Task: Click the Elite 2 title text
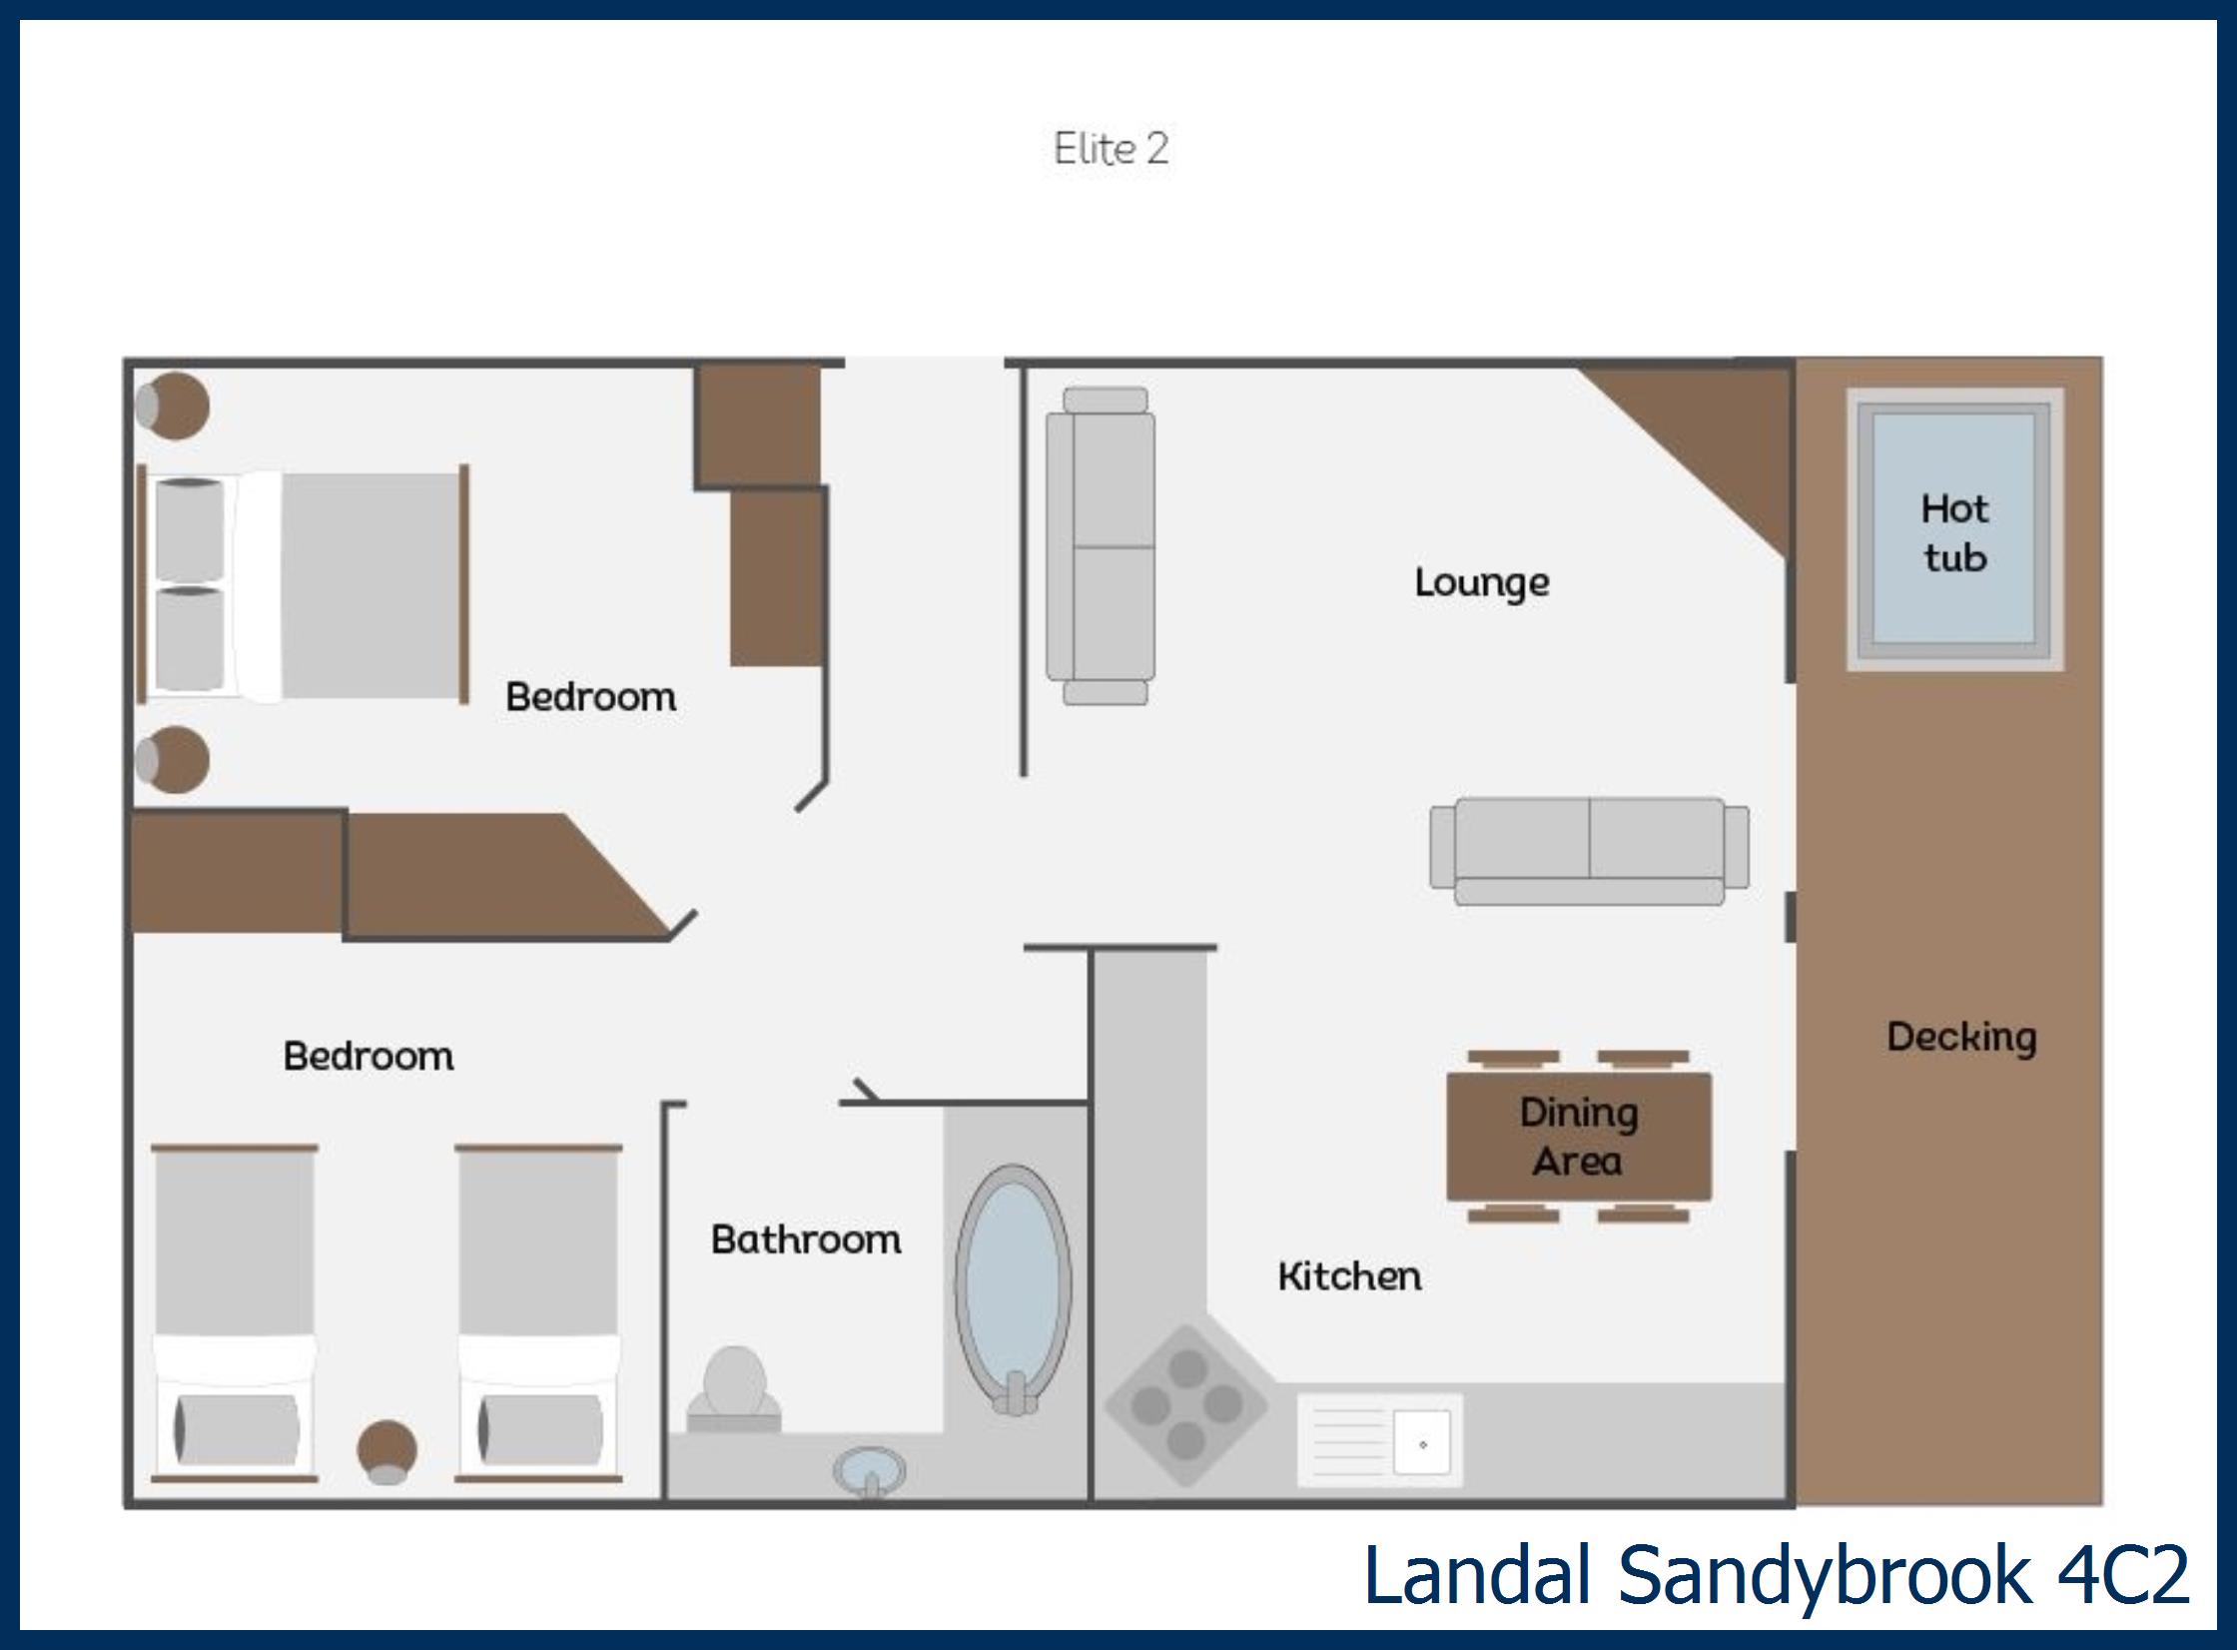coord(1111,149)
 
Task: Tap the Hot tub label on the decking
coord(1954,533)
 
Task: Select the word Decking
coord(1961,1037)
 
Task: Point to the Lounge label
coord(1482,582)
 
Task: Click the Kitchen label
coord(1349,1276)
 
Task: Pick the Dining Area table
coord(1579,1137)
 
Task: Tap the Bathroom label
coord(806,1239)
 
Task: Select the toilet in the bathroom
coord(734,1387)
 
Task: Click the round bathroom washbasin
coord(870,1471)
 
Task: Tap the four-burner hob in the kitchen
coord(1186,1404)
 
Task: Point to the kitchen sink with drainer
coord(1380,1440)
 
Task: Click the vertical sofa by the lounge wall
coord(1100,546)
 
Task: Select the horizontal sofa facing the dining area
coord(1589,851)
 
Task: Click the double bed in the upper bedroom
coord(304,584)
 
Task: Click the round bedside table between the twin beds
coord(386,1450)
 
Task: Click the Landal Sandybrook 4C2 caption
coord(1776,1575)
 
